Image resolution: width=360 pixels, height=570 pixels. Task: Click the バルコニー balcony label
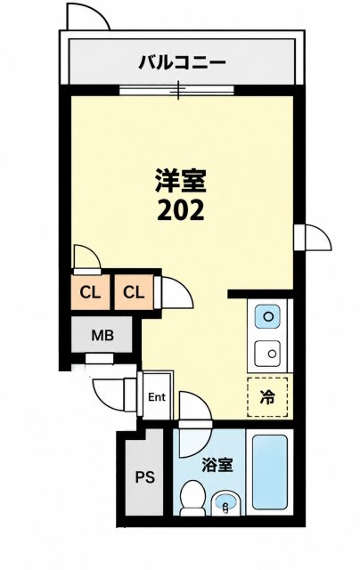[182, 63]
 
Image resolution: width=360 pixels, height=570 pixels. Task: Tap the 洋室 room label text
[181, 181]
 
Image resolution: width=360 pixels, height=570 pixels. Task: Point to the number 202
[181, 210]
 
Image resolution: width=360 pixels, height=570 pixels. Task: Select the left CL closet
[90, 292]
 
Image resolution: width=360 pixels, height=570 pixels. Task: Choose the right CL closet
[134, 292]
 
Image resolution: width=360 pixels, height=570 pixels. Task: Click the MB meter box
[102, 335]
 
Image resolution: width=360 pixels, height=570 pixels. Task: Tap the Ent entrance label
[157, 397]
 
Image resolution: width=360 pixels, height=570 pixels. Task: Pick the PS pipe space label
[145, 476]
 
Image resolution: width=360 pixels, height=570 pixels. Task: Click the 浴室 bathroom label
[217, 464]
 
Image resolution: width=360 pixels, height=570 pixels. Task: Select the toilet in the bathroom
[192, 498]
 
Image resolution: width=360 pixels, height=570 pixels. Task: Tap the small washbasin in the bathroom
[225, 502]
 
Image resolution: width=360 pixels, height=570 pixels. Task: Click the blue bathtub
[270, 472]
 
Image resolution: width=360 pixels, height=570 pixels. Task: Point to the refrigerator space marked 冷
[267, 397]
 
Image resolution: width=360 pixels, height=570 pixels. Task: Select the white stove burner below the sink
[267, 354]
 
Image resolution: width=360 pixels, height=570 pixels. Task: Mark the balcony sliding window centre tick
[178, 90]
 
